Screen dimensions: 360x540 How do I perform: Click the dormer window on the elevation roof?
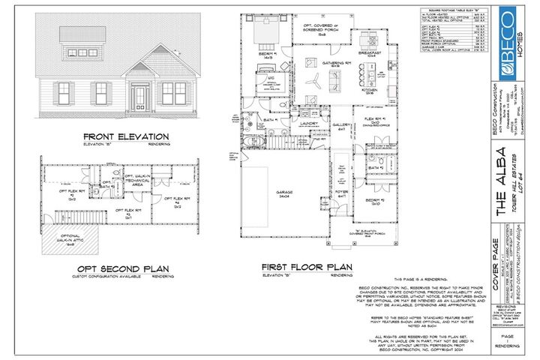click(x=79, y=34)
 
